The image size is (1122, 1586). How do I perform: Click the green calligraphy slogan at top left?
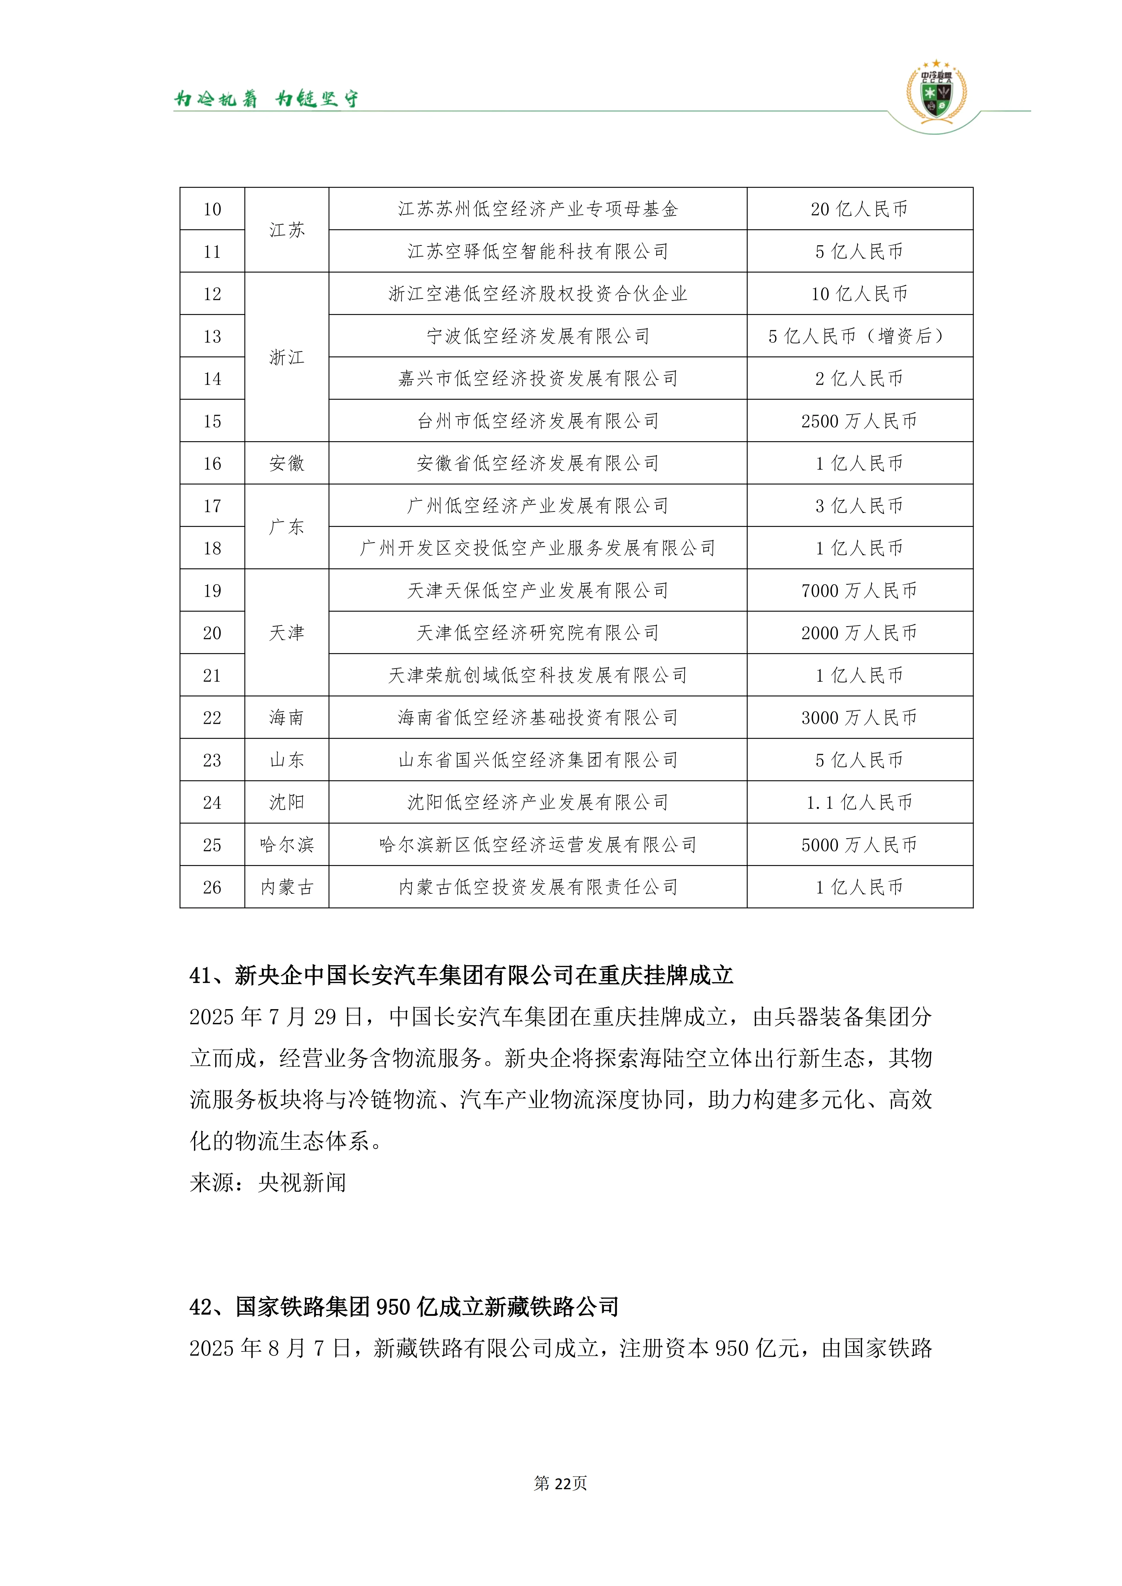(266, 99)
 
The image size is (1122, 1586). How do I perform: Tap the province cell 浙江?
(287, 357)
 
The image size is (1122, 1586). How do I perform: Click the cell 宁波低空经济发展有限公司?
(537, 336)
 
